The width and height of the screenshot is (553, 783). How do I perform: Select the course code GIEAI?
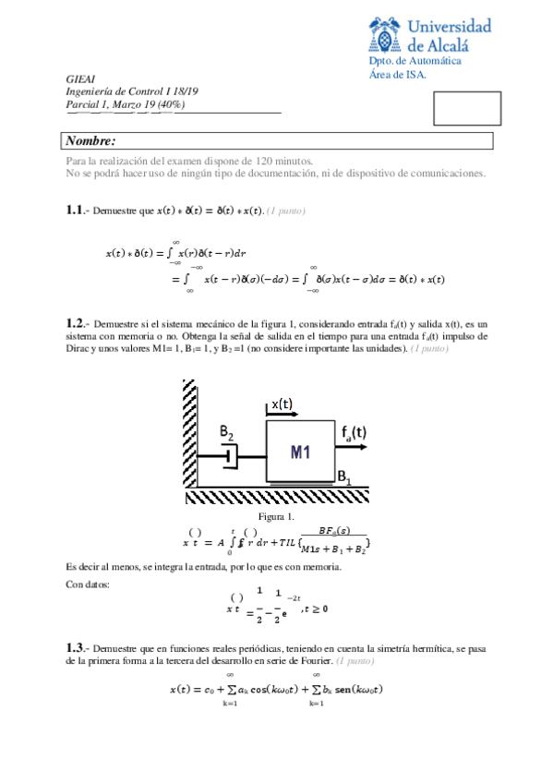(x=81, y=80)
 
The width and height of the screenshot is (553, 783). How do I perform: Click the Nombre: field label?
(x=90, y=140)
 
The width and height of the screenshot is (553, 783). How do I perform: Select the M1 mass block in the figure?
(x=301, y=452)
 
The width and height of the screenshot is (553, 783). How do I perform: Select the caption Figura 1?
(x=276, y=516)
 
